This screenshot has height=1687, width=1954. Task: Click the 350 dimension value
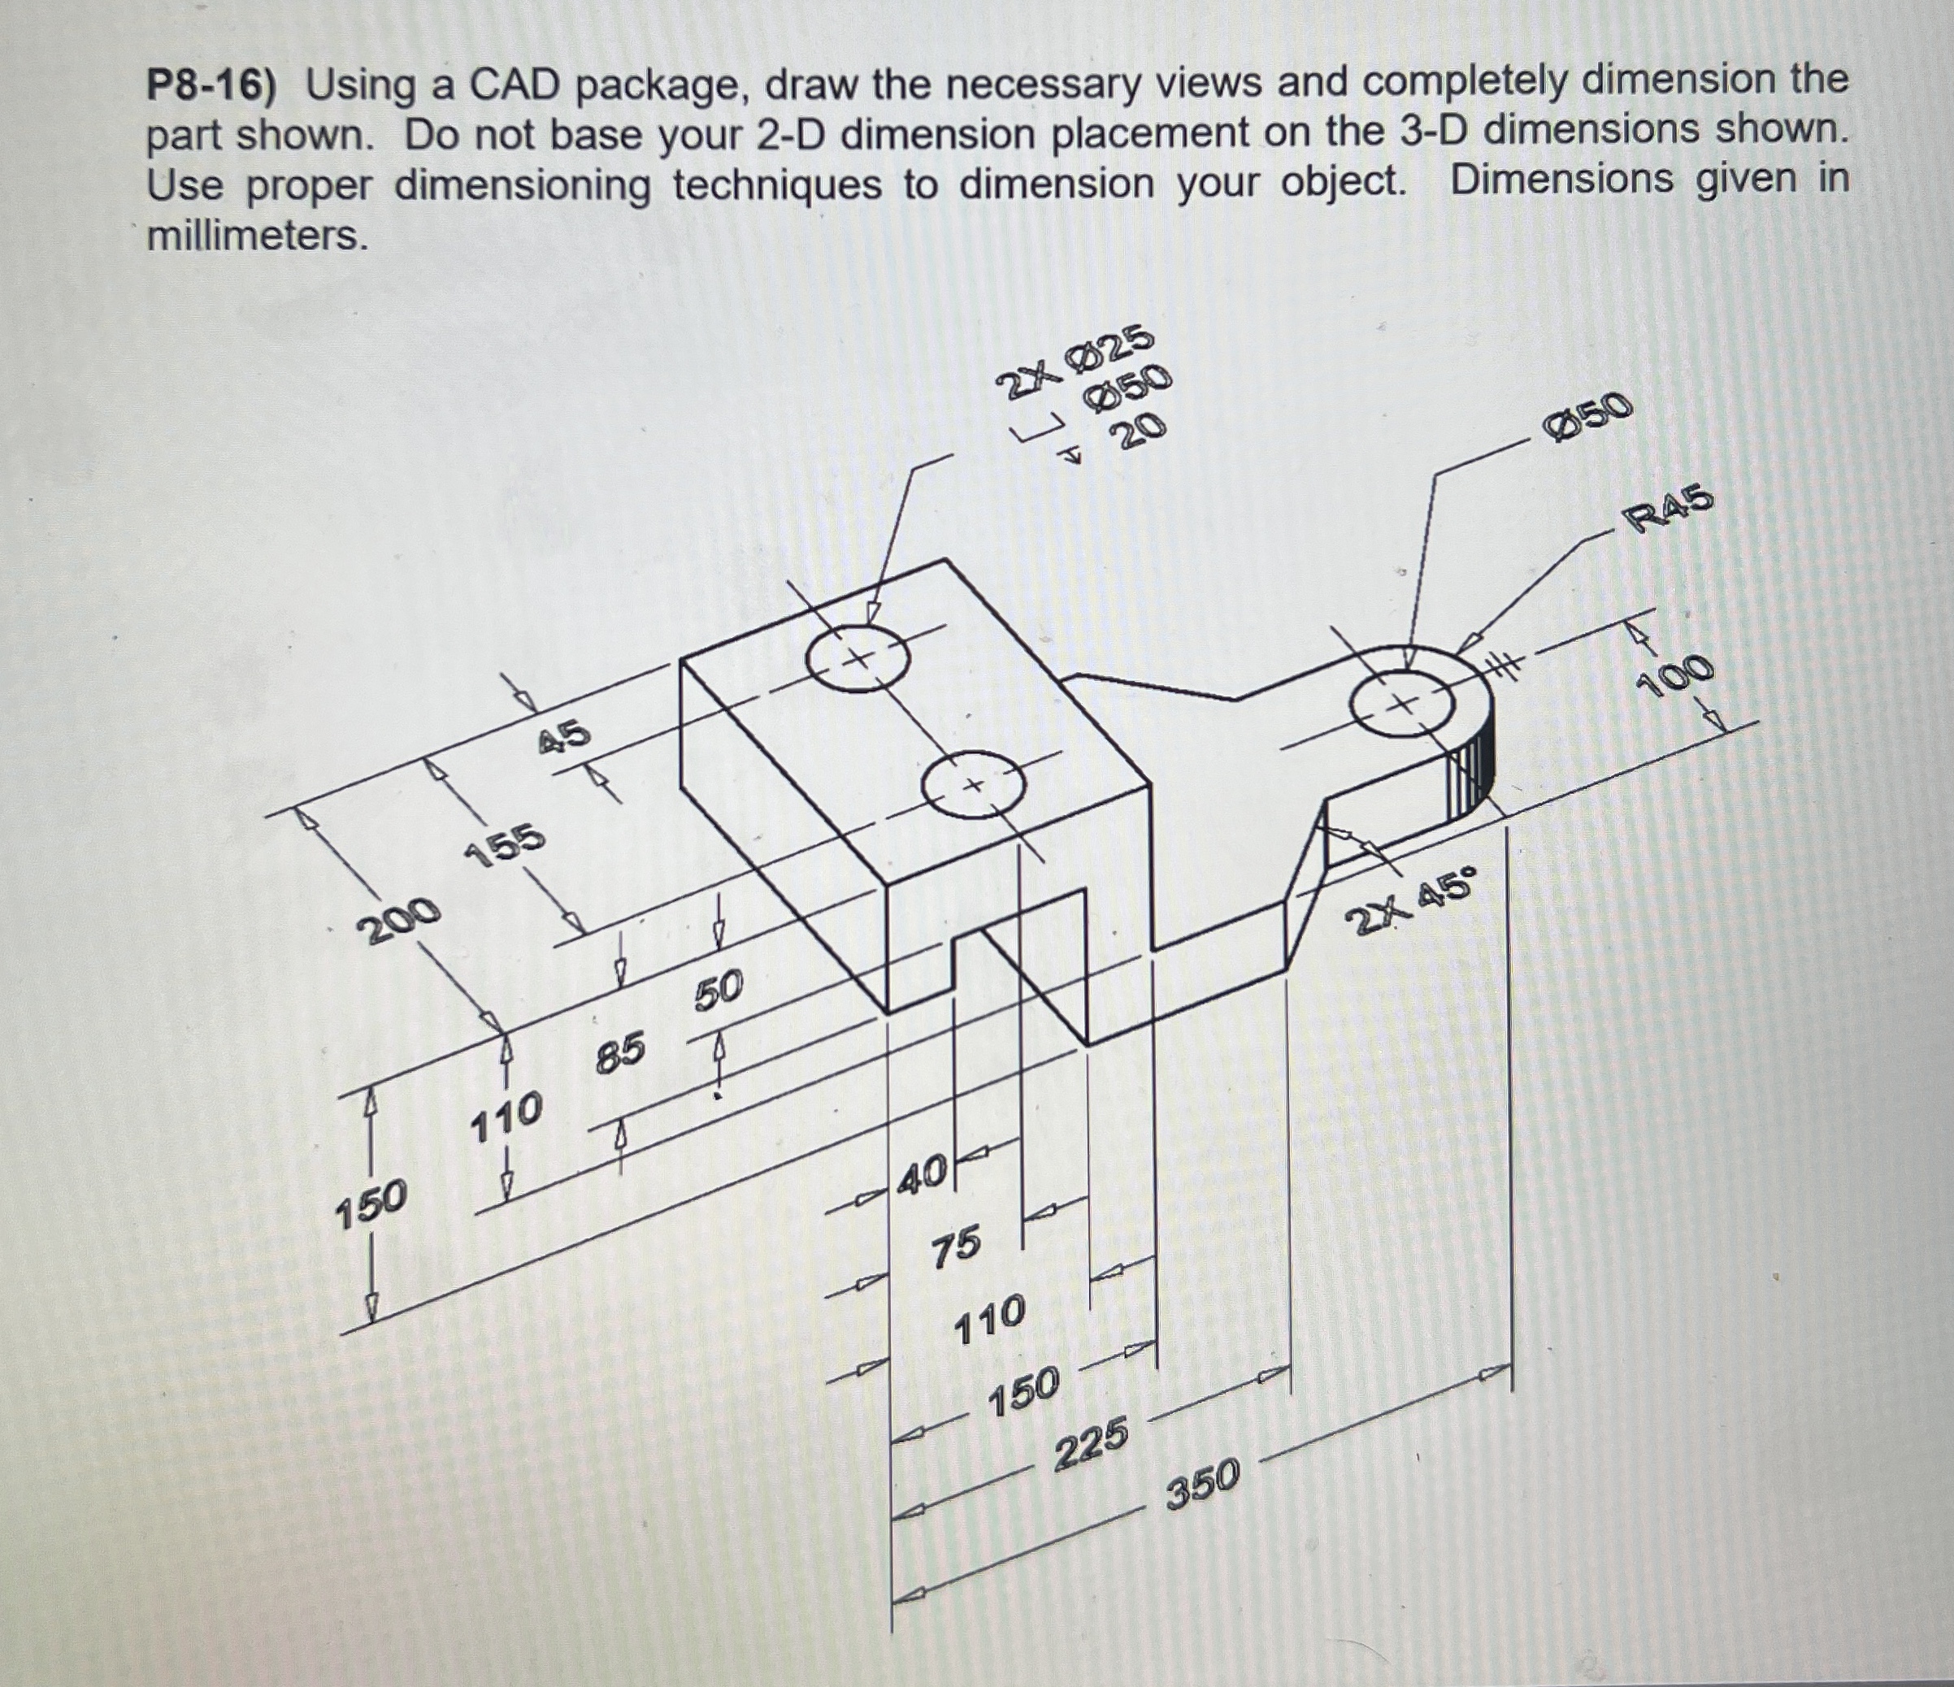(1202, 1482)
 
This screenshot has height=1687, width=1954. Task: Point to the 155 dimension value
(506, 844)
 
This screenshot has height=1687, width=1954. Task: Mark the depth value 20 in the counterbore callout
(1138, 432)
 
